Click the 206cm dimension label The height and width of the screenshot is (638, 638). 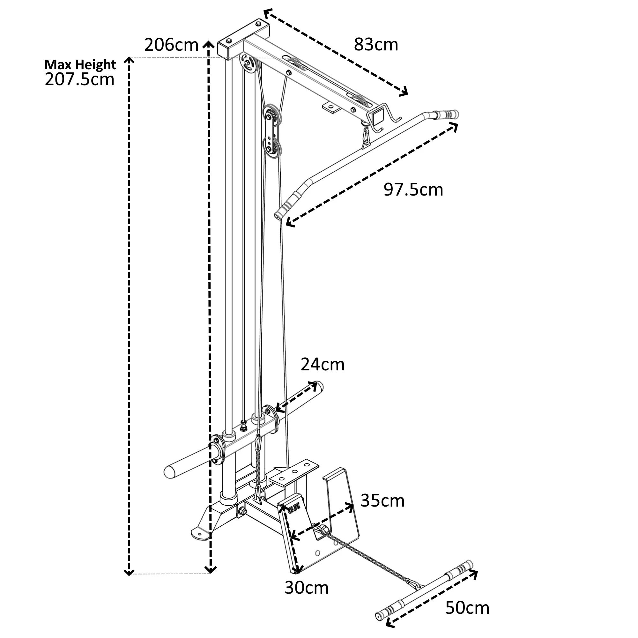tap(171, 45)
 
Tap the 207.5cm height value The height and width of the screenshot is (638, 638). tap(79, 79)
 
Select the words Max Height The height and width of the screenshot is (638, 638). tap(80, 64)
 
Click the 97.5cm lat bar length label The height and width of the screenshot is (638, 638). tap(413, 190)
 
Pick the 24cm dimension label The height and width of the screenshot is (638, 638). tap(322, 365)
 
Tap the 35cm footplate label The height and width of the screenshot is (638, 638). tap(382, 501)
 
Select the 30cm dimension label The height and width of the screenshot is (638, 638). tap(307, 588)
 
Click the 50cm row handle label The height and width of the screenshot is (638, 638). tap(467, 608)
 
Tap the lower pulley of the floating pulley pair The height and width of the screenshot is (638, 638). tap(271, 148)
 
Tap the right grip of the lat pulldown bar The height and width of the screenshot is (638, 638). tap(447, 114)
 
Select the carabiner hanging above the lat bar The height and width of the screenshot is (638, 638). tap(366, 136)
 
